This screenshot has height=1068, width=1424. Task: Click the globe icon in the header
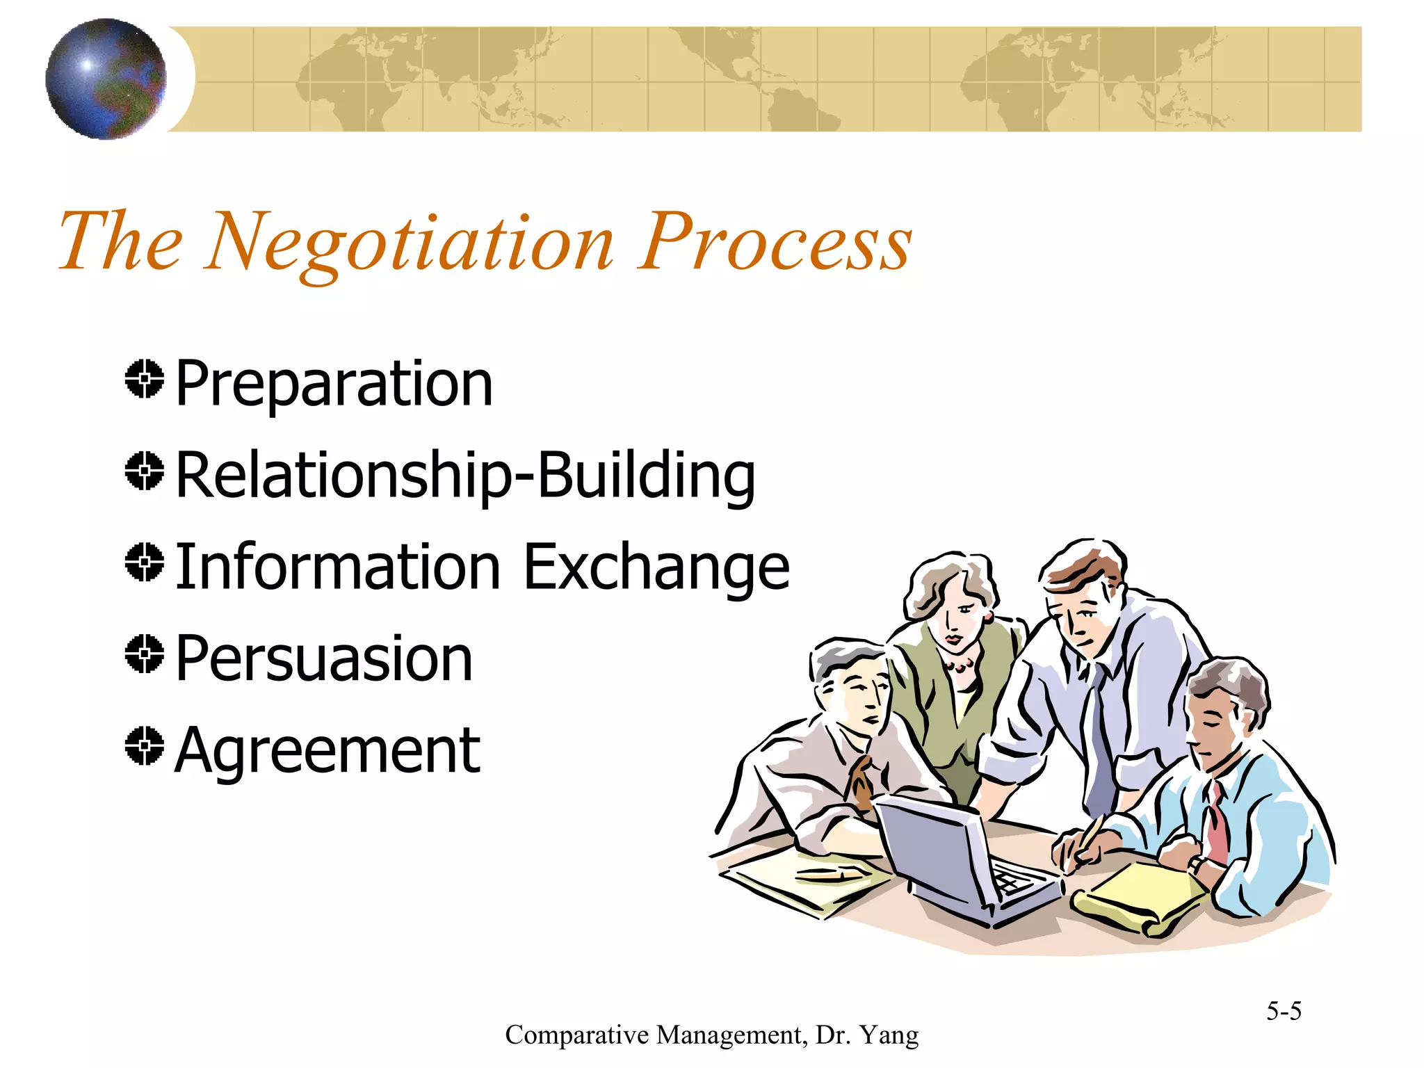(x=106, y=79)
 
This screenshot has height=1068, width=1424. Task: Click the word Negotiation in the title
(x=410, y=243)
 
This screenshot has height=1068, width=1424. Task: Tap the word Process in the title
(x=775, y=242)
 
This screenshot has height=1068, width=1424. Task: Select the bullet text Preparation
(x=334, y=384)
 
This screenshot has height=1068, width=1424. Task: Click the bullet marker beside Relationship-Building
(x=145, y=471)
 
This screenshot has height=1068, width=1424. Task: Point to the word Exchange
(x=656, y=567)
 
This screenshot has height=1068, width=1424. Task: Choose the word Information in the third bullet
(x=338, y=567)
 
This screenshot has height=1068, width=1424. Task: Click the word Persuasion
(x=324, y=658)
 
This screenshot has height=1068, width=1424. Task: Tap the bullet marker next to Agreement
(x=145, y=746)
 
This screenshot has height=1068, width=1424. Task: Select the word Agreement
(x=327, y=750)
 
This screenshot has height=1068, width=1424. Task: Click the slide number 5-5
(x=1283, y=1010)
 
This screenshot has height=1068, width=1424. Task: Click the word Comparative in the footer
(x=576, y=1035)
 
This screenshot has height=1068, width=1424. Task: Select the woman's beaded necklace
(x=960, y=667)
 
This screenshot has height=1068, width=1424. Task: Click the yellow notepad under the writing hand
(x=1140, y=897)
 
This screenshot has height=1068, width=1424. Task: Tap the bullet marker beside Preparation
(x=145, y=380)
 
